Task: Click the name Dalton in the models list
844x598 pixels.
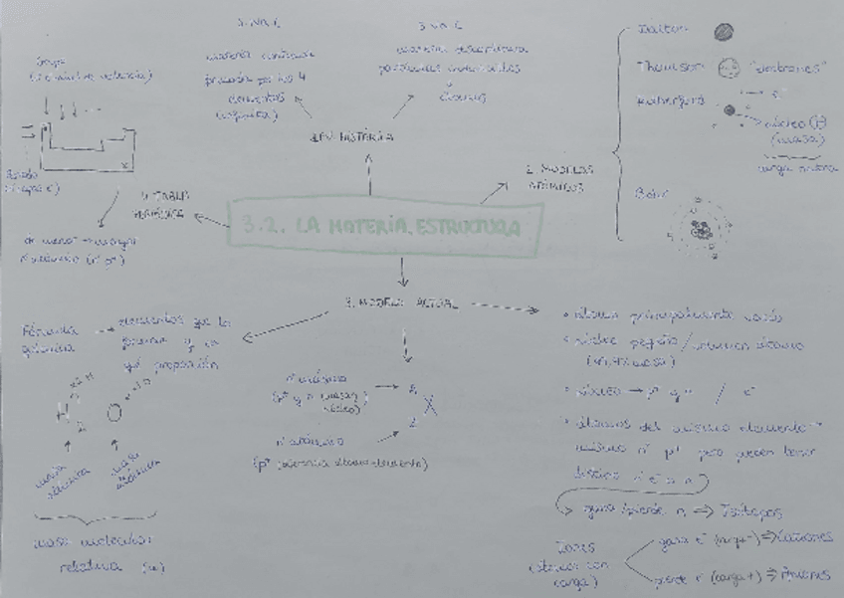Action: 662,31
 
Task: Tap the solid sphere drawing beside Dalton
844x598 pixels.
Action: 724,32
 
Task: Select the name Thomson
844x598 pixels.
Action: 669,67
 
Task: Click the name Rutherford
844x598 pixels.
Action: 671,100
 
